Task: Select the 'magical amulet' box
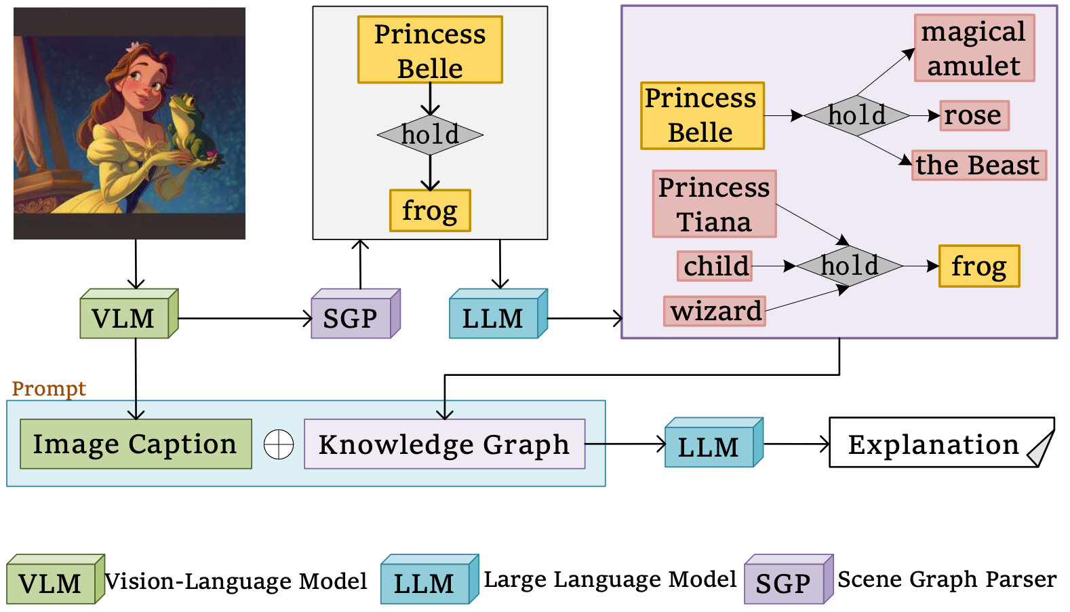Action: tap(974, 48)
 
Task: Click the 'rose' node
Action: tap(974, 115)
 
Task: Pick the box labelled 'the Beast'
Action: tap(978, 166)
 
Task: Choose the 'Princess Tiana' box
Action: tap(714, 204)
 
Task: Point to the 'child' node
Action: tap(715, 266)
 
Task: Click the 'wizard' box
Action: tap(715, 311)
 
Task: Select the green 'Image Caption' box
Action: tap(136, 444)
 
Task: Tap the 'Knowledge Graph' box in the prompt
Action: tap(444, 444)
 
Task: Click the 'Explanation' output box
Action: tap(934, 444)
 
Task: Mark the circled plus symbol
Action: tap(279, 445)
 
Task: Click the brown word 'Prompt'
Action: tap(49, 389)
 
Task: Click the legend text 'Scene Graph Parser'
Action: tap(947, 579)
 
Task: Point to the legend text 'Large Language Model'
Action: tap(610, 579)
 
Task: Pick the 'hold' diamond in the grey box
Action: tap(430, 135)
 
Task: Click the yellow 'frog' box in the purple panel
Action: tap(978, 266)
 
